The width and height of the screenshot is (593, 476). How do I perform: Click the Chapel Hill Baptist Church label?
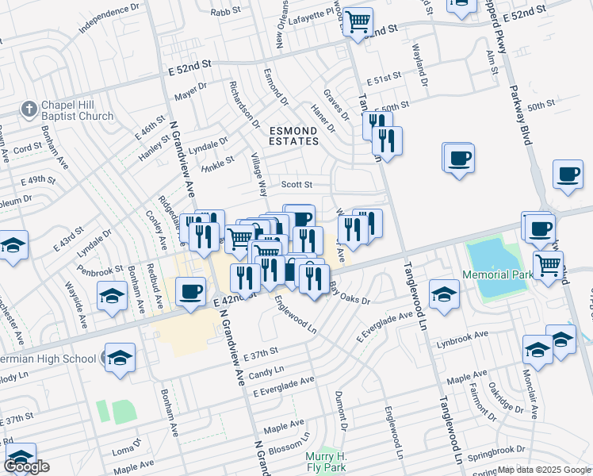(77, 110)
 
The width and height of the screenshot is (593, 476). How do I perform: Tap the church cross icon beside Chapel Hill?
(29, 109)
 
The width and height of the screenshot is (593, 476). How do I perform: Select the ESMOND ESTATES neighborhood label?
(293, 136)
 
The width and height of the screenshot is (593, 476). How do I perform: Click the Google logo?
(26, 466)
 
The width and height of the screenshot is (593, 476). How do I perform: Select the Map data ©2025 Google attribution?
(544, 470)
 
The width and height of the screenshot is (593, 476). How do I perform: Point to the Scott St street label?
(297, 185)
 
